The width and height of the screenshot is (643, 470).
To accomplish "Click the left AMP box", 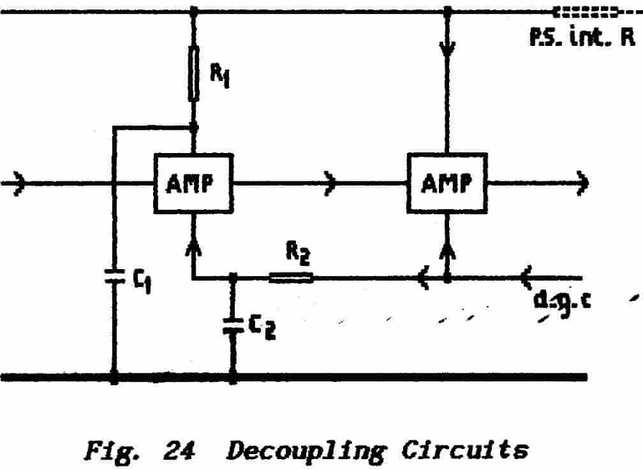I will pos(192,183).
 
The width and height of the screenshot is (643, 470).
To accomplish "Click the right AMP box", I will pos(447,183).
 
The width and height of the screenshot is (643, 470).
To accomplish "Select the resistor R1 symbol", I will pos(193,73).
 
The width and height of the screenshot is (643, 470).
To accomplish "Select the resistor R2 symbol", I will pos(291,277).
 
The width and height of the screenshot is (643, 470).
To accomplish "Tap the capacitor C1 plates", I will pos(114,277).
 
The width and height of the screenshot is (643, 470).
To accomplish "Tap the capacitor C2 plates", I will pos(233,325).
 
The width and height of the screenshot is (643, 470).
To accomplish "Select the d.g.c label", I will pos(562,300).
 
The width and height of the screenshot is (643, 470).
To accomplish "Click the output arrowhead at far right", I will pos(582,184).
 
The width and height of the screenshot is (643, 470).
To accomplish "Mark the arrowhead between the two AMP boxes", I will pos(330,184).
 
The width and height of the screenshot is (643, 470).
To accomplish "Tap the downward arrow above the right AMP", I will pos(447,48).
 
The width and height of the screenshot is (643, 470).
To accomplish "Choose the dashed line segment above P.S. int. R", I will pos(587,12).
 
